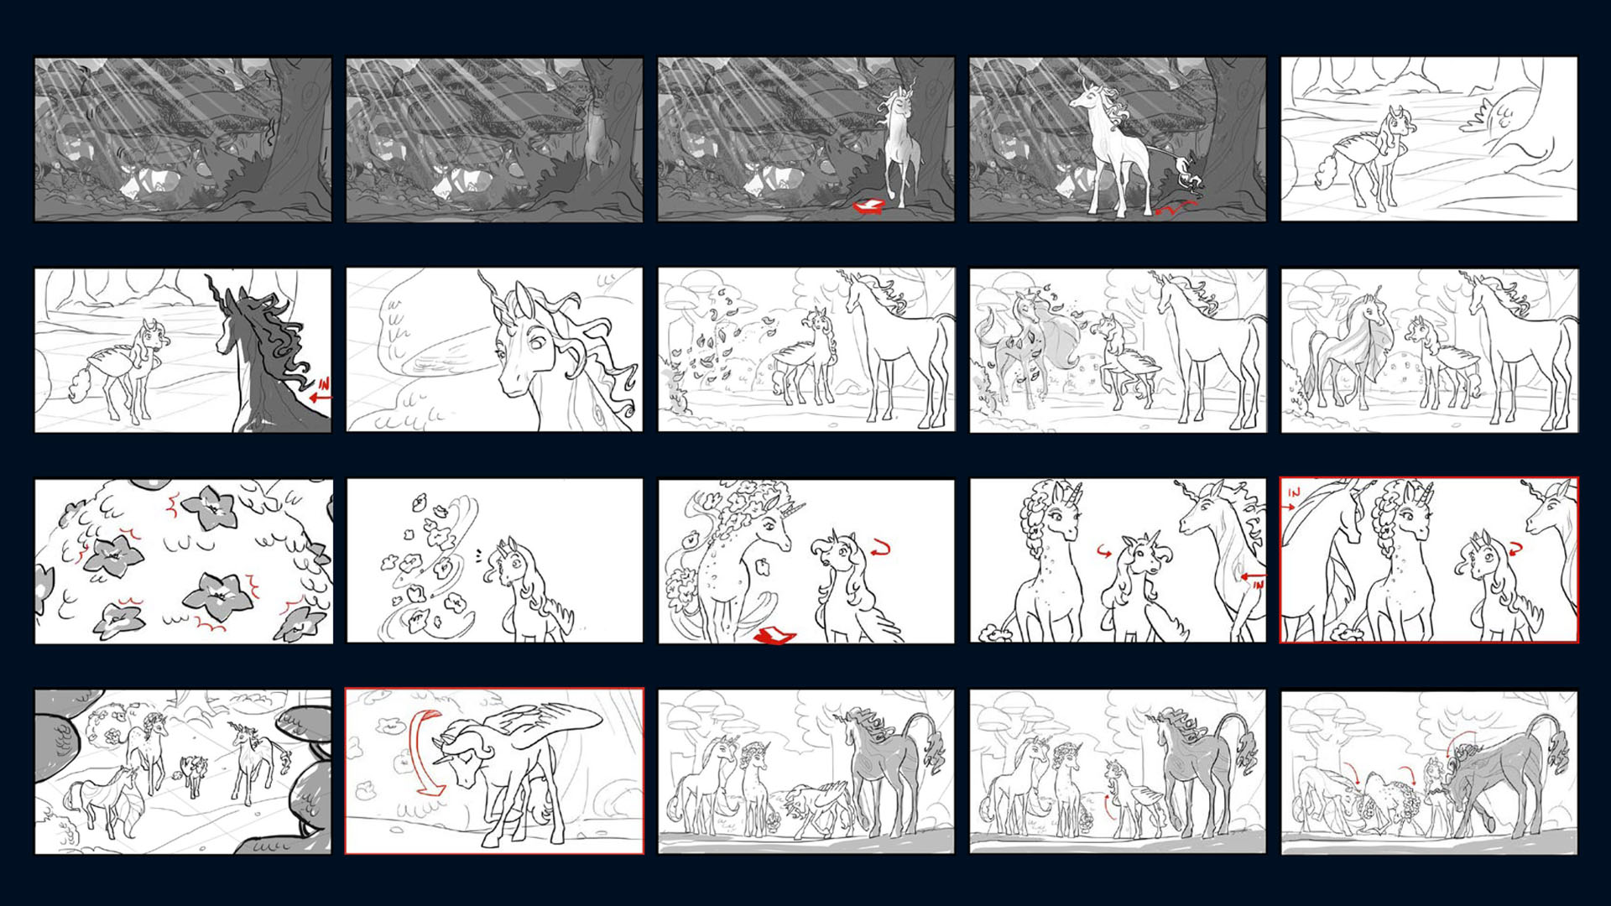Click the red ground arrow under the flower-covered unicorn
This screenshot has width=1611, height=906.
[x=777, y=636]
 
